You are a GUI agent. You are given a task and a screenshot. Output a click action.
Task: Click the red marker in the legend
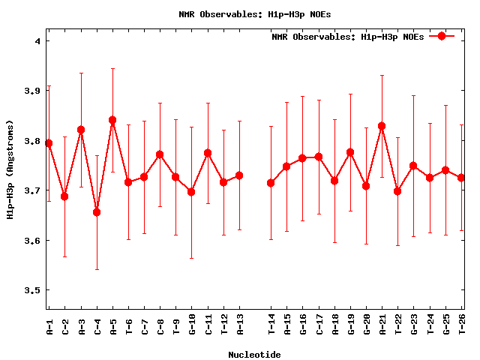442,36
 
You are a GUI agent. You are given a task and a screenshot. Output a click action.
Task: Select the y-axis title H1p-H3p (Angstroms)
10,170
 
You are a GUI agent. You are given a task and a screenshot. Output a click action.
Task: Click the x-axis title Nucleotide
255,355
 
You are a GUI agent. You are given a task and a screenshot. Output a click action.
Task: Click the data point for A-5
112,120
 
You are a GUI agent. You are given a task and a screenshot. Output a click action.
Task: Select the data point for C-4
97,212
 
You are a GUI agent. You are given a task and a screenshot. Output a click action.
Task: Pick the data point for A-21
382,126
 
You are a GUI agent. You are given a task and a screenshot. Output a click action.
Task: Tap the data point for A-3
81,130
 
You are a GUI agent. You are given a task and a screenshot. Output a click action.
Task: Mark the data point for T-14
271,183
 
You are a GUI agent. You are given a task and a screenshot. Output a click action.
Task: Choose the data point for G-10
191,192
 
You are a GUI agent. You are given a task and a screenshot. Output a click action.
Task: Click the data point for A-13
239,175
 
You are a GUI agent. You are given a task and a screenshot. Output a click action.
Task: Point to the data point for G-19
350,152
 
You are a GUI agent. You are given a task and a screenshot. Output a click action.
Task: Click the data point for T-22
397,191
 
